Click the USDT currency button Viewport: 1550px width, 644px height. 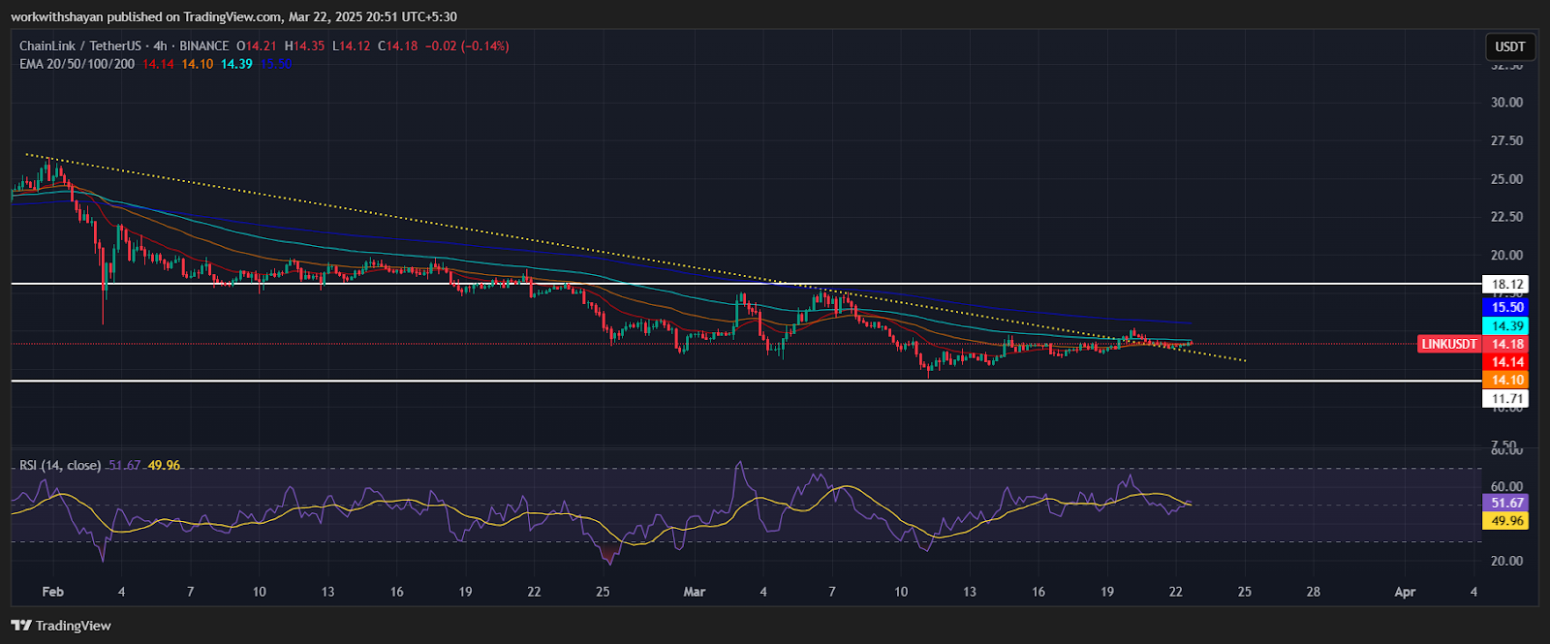point(1509,46)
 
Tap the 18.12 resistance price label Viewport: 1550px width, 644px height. point(1507,285)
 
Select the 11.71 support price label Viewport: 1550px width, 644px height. point(1507,399)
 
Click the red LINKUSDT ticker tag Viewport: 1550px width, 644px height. point(1449,344)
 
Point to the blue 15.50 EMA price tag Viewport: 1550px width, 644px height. point(1507,307)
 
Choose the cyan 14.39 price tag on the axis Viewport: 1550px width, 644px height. point(1507,326)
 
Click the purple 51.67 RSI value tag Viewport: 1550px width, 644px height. point(1507,503)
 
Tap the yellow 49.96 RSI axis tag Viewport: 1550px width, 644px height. point(1507,521)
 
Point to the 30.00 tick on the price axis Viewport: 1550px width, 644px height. point(1506,103)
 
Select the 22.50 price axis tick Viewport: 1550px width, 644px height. point(1506,217)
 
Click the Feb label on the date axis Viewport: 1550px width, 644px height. point(52,592)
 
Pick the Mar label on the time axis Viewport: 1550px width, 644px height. point(694,592)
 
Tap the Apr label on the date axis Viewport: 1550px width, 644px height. point(1405,592)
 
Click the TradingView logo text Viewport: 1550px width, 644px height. point(73,626)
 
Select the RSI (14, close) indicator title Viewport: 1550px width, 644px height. point(60,466)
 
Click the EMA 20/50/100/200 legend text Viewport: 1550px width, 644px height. point(77,64)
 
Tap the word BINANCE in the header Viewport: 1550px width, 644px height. point(203,46)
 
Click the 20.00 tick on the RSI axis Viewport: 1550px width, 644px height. point(1506,561)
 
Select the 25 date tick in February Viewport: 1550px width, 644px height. point(603,592)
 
